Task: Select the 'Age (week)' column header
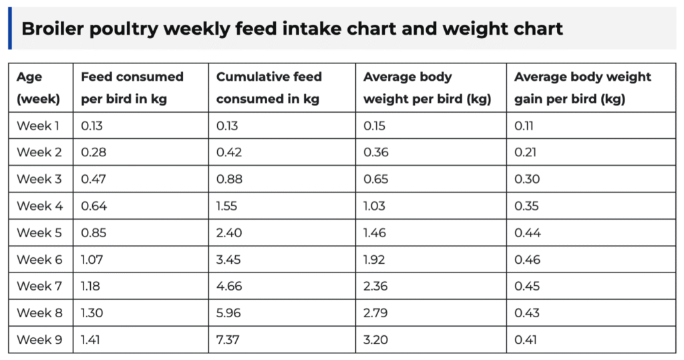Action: [38, 87]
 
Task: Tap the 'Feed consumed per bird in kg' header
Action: [132, 87]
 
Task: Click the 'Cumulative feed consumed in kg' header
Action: [269, 87]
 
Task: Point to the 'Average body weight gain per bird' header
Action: [582, 87]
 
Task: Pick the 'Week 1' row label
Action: [39, 126]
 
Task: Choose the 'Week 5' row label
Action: [39, 233]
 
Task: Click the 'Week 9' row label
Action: [39, 340]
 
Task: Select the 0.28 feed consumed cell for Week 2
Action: [94, 152]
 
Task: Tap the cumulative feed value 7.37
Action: [228, 340]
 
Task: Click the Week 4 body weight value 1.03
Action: [374, 206]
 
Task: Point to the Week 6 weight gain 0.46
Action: [527, 260]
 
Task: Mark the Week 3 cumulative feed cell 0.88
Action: [229, 179]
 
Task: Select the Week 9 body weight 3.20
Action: [375, 340]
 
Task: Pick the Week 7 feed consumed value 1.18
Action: [92, 287]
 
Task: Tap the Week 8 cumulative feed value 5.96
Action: [229, 313]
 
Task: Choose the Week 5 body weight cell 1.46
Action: [375, 233]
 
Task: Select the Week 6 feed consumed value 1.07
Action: [93, 260]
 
